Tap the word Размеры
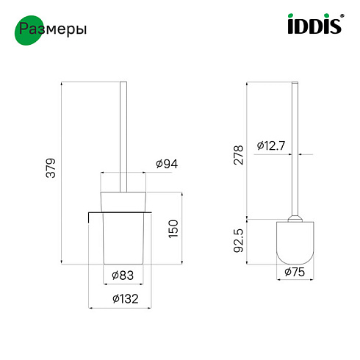53,29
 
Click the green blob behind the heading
29,30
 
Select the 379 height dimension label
51,168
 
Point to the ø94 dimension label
167,164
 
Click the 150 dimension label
173,228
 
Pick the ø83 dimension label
123,276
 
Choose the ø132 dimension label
126,299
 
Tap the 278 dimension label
239,155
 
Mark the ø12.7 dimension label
271,145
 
